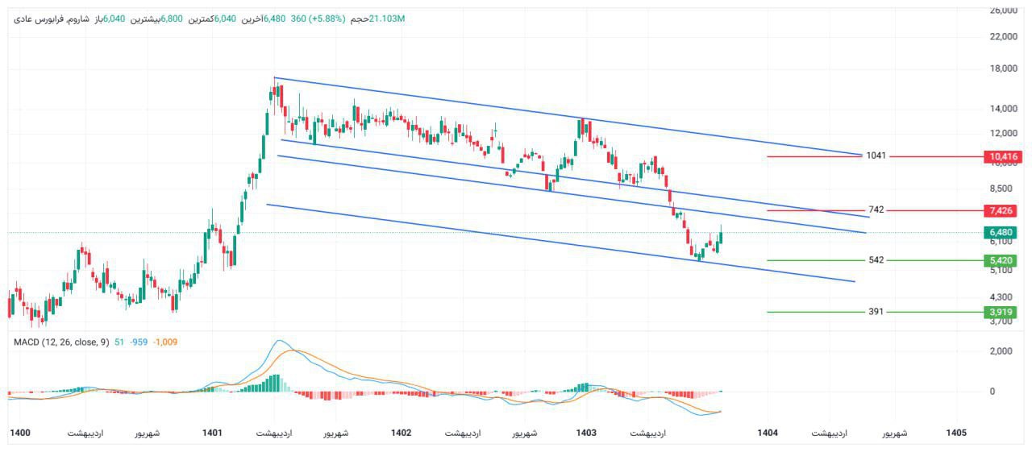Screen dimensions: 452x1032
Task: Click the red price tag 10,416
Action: [1002, 156]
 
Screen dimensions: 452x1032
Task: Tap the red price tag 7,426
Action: [1002, 210]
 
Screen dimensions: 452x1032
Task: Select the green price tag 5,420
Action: [1002, 260]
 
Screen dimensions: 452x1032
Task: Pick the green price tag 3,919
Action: [1002, 312]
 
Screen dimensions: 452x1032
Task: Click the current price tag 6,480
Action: [1002, 233]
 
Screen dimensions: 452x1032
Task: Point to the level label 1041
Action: [876, 156]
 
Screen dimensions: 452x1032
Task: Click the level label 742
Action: [876, 209]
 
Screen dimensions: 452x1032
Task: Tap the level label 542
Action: [876, 260]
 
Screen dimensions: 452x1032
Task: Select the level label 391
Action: [876, 311]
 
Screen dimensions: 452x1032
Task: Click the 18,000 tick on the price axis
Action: [1002, 68]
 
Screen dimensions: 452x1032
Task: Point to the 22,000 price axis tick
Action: [1002, 36]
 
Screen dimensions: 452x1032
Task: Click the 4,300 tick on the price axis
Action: [1002, 297]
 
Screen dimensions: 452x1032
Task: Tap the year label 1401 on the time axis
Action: [212, 433]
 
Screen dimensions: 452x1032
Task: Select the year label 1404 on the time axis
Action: [768, 433]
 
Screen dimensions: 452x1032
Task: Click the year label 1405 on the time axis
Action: [956, 433]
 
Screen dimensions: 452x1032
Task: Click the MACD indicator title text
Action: [60, 342]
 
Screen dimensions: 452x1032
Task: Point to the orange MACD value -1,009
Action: [165, 342]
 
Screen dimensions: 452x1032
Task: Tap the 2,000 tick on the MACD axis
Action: [1002, 351]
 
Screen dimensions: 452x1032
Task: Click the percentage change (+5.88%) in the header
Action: [326, 19]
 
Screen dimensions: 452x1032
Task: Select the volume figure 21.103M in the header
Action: [386, 19]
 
